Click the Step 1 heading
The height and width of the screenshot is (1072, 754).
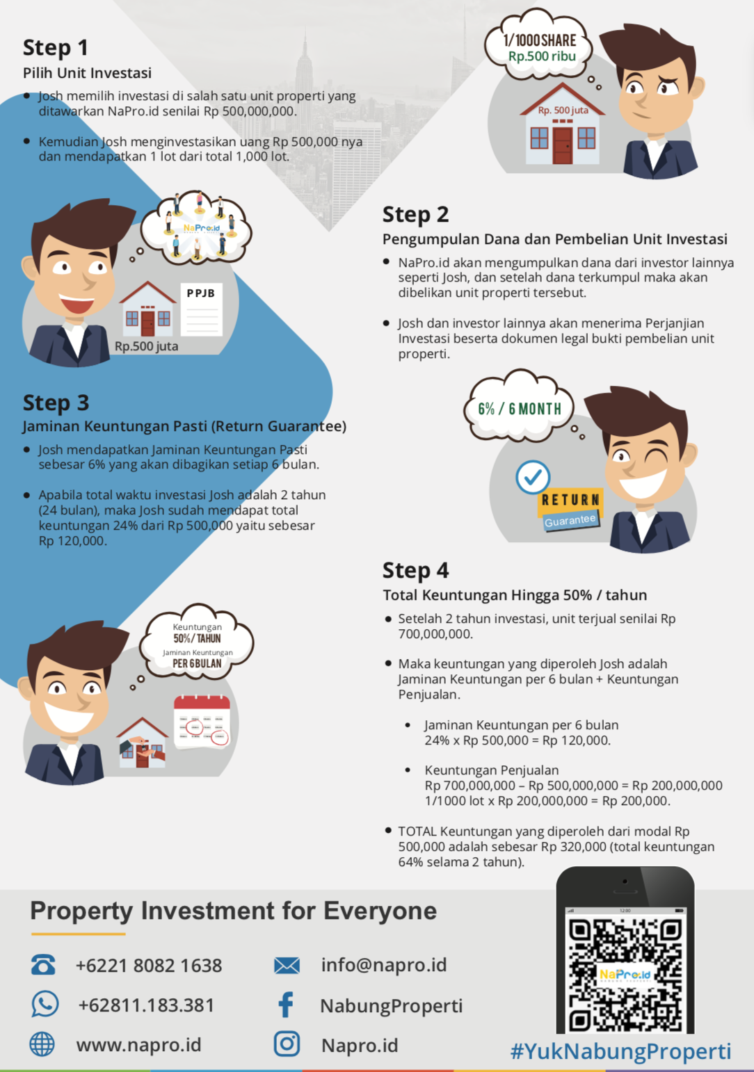click(56, 47)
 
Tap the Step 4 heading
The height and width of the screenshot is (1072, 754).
click(415, 571)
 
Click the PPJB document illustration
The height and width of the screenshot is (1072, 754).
click(202, 309)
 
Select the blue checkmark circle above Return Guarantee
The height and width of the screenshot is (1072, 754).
click(533, 477)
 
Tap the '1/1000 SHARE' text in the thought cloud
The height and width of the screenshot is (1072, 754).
click(540, 41)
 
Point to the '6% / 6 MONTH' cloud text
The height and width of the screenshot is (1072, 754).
click(520, 409)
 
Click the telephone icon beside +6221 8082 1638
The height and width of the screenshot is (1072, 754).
click(43, 964)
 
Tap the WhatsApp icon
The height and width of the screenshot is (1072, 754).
click(45, 1003)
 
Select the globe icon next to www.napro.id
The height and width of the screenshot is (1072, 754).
click(42, 1043)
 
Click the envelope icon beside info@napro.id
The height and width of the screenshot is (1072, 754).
click(287, 965)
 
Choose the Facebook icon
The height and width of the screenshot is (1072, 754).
click(286, 1004)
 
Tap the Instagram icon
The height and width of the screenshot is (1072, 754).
click(287, 1043)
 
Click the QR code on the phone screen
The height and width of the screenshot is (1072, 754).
click(625, 975)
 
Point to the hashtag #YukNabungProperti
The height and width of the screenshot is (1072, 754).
click(621, 1051)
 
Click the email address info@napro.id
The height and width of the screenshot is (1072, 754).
click(384, 965)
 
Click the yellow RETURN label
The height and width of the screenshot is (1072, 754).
click(570, 501)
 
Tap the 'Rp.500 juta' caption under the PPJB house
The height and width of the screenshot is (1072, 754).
click(147, 346)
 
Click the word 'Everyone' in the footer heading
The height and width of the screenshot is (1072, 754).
click(380, 911)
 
